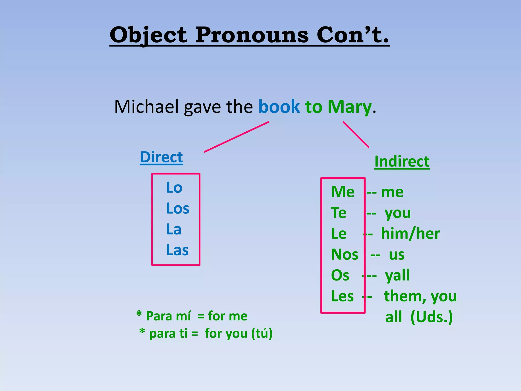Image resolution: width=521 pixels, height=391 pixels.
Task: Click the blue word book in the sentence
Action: coord(279,107)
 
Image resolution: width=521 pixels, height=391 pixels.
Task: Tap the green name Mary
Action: coord(350,107)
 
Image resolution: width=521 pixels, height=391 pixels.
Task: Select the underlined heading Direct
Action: coord(161,157)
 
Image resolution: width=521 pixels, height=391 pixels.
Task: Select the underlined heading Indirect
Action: coord(402,162)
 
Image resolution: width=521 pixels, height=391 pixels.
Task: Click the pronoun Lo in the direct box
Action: coord(174,188)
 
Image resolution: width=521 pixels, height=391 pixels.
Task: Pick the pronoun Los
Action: coord(178,208)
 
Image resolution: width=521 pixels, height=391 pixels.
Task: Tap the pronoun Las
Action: coord(177,250)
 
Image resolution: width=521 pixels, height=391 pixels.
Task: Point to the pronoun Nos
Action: coord(344,255)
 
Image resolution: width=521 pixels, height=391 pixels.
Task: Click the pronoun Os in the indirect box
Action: coord(340,275)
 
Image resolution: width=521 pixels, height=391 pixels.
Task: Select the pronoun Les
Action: coord(342,296)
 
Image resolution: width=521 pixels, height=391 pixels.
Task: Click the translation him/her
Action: coord(410,234)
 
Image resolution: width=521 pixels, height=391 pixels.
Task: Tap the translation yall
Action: coord(397,275)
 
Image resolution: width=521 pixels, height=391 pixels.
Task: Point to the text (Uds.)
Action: coord(432,317)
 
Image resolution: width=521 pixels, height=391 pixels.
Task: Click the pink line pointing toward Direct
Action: coord(237,137)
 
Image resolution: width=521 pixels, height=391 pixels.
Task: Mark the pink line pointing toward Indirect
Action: coord(356,135)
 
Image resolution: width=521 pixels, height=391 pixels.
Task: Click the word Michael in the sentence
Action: coord(146,107)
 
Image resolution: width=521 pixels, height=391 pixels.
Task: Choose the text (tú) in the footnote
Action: coord(262,333)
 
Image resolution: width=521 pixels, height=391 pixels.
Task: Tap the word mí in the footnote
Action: coord(183,316)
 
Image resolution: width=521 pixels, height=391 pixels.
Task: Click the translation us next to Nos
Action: coord(397,255)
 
